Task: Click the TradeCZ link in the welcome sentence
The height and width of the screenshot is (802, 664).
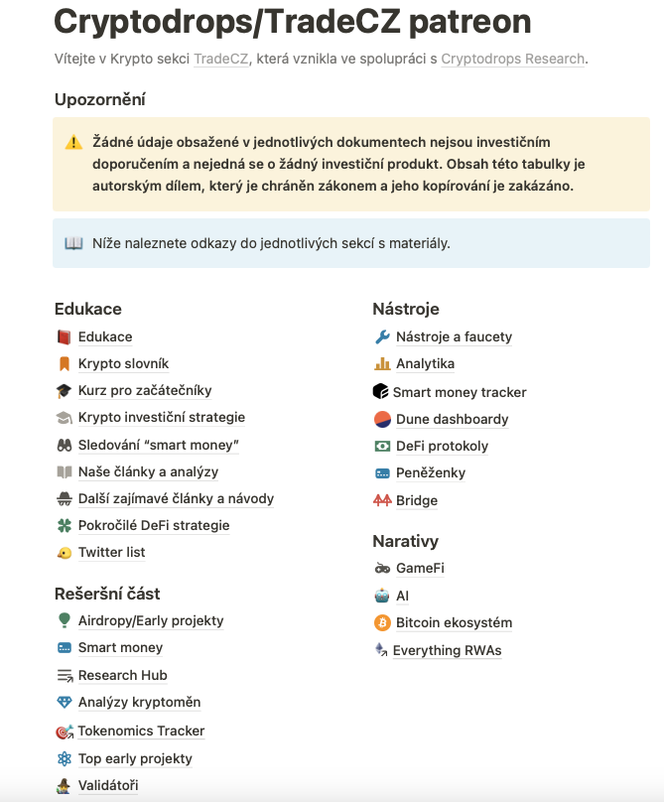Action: point(220,59)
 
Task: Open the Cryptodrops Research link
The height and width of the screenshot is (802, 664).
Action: point(512,59)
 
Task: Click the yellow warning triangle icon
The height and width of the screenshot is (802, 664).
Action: point(73,143)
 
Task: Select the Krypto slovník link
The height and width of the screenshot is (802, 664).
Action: point(123,364)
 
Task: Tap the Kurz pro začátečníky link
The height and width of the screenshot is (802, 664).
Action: point(145,391)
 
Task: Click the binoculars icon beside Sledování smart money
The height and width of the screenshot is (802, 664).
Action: point(65,445)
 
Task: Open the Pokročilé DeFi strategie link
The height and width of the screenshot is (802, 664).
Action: point(154,525)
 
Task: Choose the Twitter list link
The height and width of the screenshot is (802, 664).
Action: point(111,553)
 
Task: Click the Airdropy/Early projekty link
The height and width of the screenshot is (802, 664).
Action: point(151,621)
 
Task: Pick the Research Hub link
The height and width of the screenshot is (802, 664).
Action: point(122,676)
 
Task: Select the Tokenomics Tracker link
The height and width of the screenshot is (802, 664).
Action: point(141,732)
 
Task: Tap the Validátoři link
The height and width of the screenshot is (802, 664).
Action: point(108,786)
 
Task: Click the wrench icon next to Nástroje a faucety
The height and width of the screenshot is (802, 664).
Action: point(382,337)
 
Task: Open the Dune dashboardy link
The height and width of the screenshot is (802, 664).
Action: point(452,419)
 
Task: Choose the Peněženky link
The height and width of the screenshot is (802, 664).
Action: point(431,473)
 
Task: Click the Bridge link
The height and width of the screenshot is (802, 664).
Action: point(417,501)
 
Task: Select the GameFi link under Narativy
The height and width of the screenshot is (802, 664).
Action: point(420,569)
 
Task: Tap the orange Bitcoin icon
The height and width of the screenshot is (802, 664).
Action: point(382,623)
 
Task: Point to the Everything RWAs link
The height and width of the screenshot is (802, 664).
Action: point(447,651)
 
